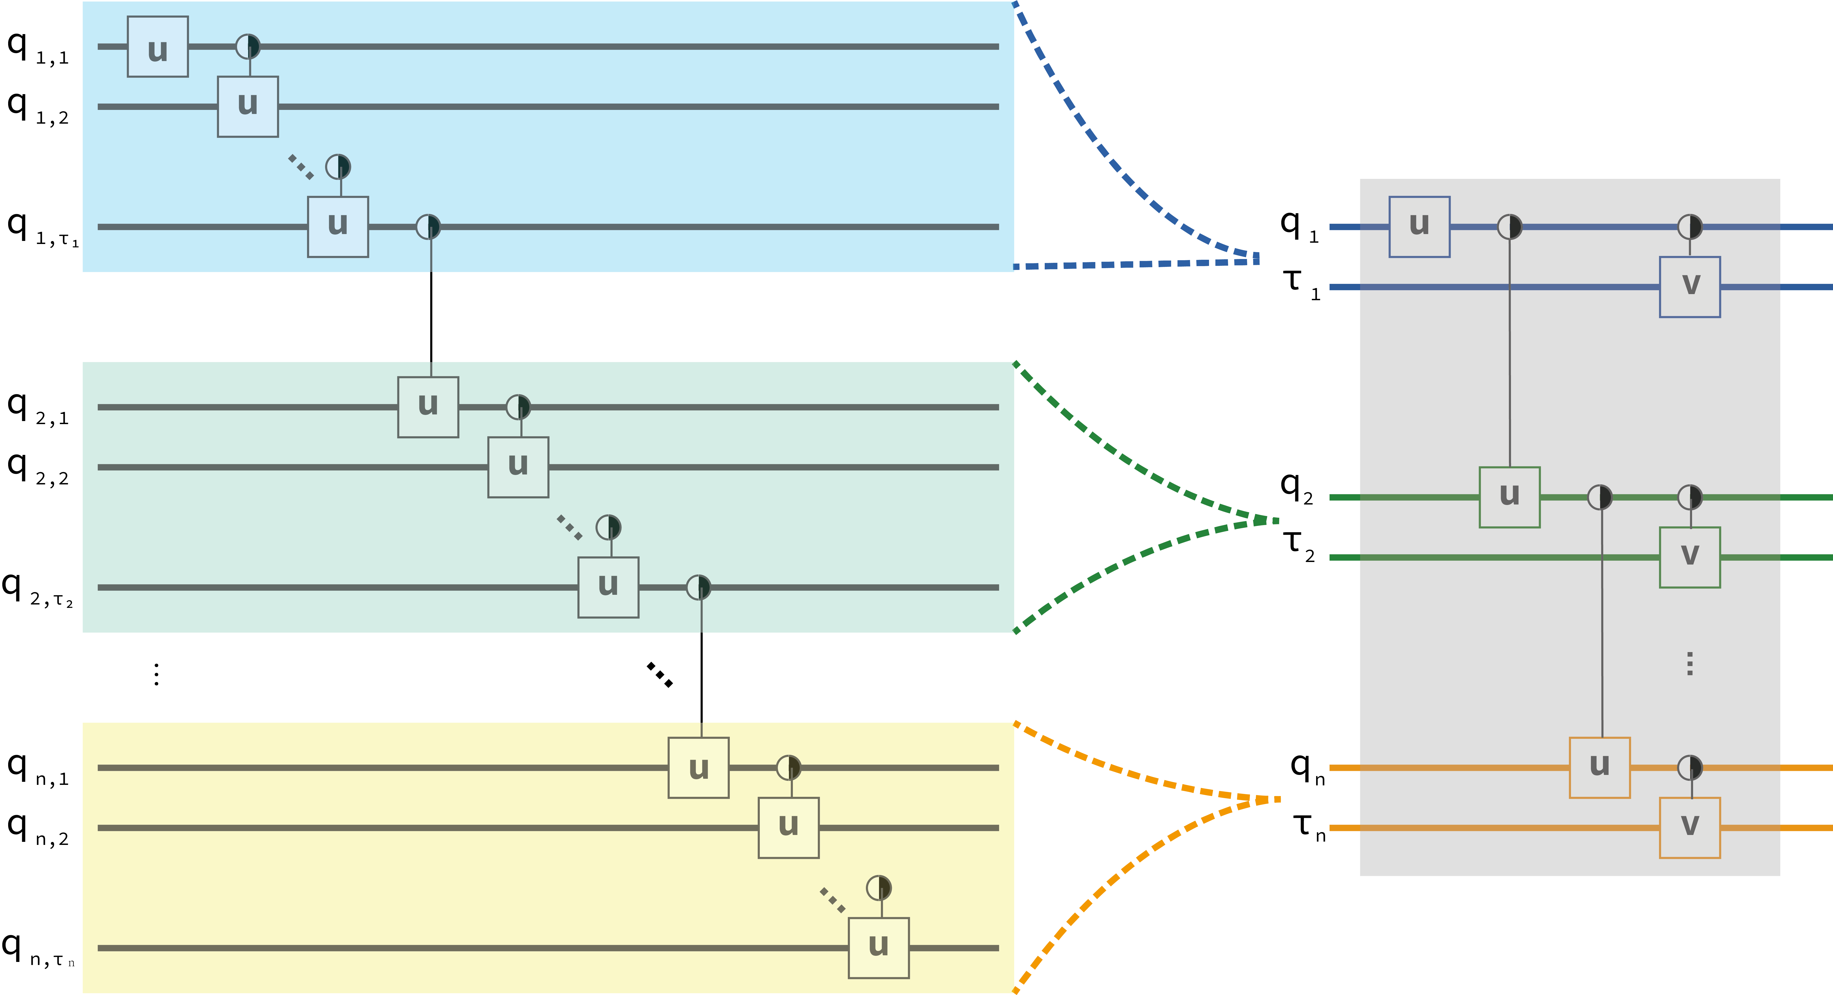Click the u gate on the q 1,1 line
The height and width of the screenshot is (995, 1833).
tap(157, 47)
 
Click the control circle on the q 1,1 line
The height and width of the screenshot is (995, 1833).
tap(248, 47)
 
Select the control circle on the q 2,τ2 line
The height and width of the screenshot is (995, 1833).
tap(698, 587)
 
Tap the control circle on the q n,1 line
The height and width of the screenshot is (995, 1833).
tap(788, 767)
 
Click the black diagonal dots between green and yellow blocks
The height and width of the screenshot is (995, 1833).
tap(660, 675)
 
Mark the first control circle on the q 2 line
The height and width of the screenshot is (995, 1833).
tap(1599, 497)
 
